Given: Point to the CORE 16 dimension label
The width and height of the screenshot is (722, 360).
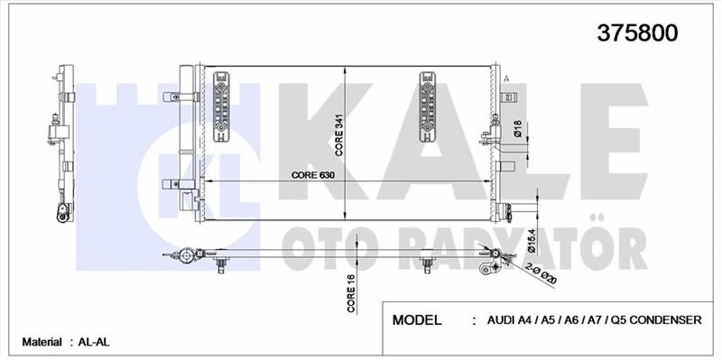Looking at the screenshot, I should [350, 294].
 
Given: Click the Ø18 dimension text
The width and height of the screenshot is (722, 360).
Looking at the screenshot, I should [518, 131].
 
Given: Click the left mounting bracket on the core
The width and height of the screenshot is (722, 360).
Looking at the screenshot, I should [222, 106].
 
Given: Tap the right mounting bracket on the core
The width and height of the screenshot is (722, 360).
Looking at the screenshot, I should [429, 106].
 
